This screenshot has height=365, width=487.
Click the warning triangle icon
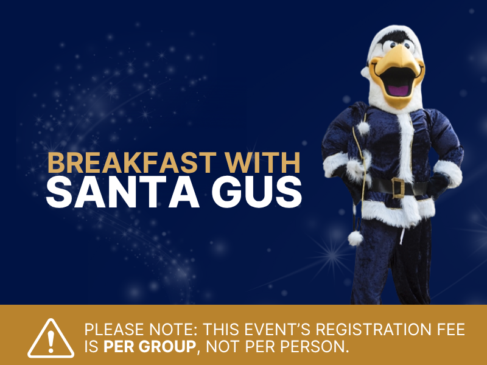click(51, 339)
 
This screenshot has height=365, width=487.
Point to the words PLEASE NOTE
click(141, 330)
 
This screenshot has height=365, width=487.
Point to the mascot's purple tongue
click(398, 89)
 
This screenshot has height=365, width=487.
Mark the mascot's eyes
click(390, 46)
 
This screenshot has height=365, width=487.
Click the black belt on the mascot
click(420, 187)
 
